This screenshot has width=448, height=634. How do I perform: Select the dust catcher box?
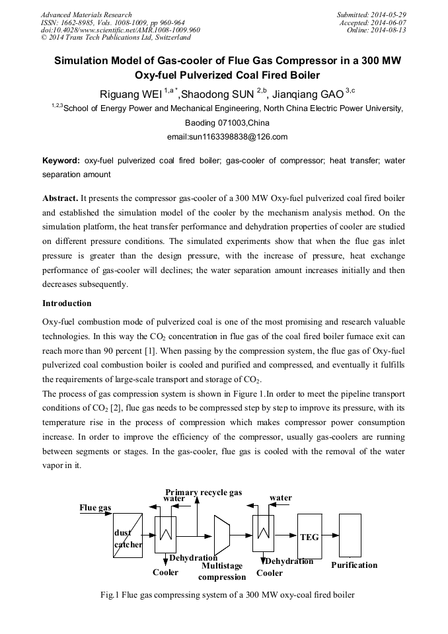(x=128, y=535)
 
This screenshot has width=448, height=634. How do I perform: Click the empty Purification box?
(x=350, y=535)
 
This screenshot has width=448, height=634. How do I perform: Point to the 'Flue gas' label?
(x=96, y=508)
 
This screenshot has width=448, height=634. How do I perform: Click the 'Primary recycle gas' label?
(x=204, y=493)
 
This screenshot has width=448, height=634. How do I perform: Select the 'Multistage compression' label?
(x=222, y=571)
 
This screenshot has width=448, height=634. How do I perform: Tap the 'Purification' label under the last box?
(x=354, y=565)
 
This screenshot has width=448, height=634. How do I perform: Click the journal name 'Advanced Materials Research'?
(x=86, y=15)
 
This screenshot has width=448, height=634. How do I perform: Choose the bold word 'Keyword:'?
(x=61, y=161)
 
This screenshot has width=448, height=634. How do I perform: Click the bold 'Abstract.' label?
(x=60, y=198)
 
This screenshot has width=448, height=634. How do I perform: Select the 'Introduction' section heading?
(x=67, y=303)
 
